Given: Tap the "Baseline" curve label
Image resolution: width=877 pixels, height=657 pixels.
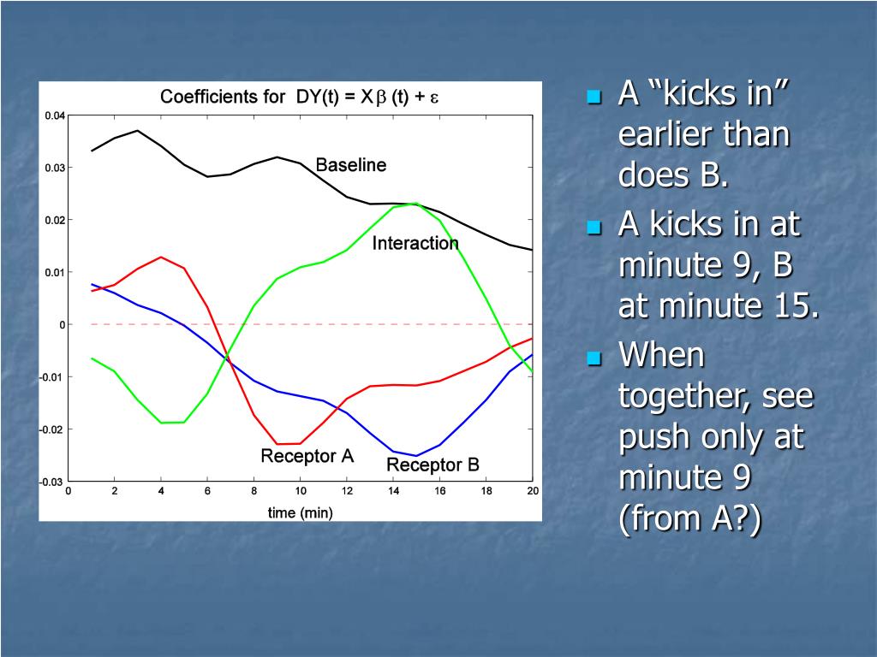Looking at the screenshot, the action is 350,165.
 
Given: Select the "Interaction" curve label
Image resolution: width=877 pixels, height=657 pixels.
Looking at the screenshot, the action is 415,243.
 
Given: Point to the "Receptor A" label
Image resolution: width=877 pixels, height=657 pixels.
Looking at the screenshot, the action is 307,456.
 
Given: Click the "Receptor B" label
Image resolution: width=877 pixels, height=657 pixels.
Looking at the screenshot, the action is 433,465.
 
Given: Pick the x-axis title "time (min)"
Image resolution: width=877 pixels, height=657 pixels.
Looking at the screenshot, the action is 301,512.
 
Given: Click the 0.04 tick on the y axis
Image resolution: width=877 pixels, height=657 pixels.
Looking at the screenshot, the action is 55,115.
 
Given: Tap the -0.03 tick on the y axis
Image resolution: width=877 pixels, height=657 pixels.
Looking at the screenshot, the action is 52,482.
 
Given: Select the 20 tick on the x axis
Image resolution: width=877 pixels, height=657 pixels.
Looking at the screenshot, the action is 533,490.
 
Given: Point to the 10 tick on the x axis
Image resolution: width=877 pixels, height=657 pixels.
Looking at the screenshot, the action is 301,490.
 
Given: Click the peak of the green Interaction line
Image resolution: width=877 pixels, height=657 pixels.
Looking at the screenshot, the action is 415,204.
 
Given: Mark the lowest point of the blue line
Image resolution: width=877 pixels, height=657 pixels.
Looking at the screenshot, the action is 415,456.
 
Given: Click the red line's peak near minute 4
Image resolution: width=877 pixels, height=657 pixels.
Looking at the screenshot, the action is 161,257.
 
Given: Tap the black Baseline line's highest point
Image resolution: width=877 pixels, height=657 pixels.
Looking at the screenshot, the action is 138,131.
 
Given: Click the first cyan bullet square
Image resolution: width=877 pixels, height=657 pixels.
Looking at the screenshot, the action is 594,98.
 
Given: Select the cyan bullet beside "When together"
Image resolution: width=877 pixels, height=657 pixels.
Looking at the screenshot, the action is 594,358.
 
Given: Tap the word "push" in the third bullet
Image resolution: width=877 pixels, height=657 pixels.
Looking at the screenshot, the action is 654,438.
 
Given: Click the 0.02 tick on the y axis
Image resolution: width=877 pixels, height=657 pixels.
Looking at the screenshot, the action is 55,220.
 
